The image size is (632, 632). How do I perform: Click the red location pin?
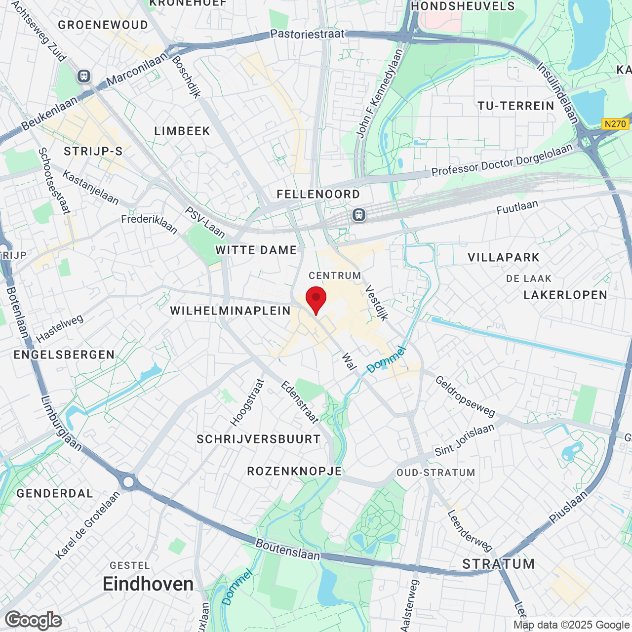click(x=316, y=298)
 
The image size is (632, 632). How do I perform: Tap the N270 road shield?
click(x=615, y=124)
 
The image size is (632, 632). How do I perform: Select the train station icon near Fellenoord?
click(x=359, y=215)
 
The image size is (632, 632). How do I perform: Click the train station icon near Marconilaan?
click(x=84, y=76)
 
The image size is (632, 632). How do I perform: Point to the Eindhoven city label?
click(x=148, y=584)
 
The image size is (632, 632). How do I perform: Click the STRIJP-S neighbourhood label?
click(x=93, y=151)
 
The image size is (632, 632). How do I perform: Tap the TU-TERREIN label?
click(x=516, y=106)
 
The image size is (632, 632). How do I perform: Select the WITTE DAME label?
click(x=256, y=250)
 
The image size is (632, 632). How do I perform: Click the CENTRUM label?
click(x=335, y=276)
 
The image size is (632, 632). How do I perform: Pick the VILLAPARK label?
click(x=504, y=257)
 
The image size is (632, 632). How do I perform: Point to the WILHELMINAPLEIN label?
click(x=231, y=311)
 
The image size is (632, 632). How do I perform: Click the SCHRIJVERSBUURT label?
click(x=259, y=439)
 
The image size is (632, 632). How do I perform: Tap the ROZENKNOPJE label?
click(x=295, y=471)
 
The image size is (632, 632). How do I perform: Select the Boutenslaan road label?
click(x=288, y=549)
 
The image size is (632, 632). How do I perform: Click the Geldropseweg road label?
click(x=465, y=395)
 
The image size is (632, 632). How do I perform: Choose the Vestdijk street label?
click(x=377, y=303)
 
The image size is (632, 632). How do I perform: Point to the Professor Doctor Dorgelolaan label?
click(x=502, y=159)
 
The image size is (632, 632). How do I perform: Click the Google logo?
click(x=33, y=620)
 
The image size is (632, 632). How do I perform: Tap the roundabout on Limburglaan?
click(x=129, y=481)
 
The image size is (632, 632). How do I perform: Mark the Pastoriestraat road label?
click(x=307, y=34)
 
